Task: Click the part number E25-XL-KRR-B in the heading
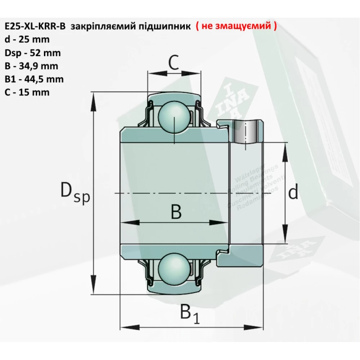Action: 35,27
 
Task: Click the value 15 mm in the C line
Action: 36,92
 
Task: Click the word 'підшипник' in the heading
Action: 165,27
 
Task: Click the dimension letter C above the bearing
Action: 174,64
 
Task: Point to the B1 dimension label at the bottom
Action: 189,314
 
